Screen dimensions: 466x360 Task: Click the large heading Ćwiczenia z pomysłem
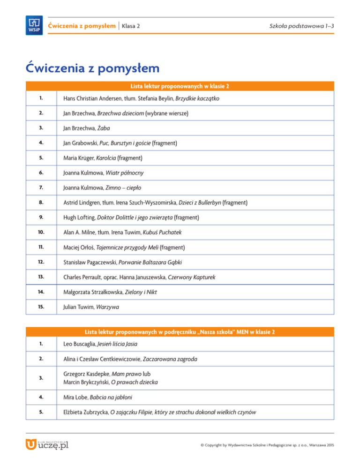coord(93,68)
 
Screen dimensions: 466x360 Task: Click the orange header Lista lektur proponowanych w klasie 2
coord(180,86)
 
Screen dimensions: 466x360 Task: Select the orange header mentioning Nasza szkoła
coord(180,332)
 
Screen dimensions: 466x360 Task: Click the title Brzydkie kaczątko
coord(197,99)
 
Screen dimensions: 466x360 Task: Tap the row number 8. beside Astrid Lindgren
coord(41,203)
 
